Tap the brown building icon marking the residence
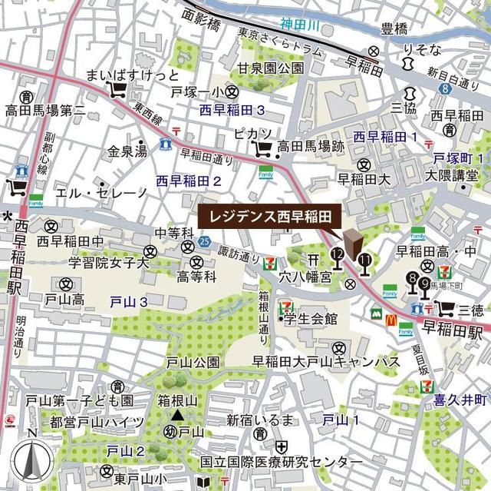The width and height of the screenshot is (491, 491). point(353,244)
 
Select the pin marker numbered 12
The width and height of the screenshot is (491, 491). point(337,258)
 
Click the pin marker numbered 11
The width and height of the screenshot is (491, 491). point(364,264)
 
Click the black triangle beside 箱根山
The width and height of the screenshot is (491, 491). point(177,416)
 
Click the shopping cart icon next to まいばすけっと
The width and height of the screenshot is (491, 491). point(118,91)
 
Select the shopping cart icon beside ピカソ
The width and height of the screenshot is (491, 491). point(262,146)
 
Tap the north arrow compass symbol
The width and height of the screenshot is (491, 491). point(30,461)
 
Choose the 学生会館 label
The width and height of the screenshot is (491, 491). point(310,318)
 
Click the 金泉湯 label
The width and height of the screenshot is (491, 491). point(127,152)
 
